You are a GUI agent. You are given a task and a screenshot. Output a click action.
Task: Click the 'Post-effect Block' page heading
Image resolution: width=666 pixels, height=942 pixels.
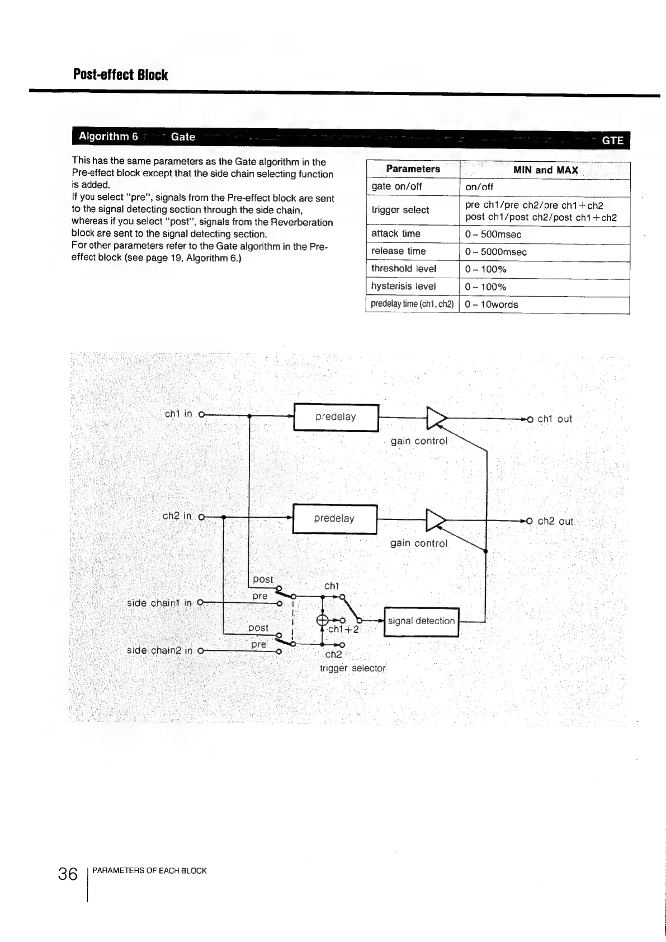click(120, 75)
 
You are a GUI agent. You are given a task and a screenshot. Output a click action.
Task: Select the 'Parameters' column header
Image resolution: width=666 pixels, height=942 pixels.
click(413, 169)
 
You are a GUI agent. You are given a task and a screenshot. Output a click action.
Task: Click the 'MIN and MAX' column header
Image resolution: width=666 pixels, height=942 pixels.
click(545, 170)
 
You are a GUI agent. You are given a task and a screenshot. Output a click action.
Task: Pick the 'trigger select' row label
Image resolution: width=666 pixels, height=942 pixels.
click(400, 210)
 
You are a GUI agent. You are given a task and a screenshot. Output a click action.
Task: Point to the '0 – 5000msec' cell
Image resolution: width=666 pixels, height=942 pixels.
click(496, 252)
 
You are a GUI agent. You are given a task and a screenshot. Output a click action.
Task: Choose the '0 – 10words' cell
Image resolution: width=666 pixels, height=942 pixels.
click(492, 304)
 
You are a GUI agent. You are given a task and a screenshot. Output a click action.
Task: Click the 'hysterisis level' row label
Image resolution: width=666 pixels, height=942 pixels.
click(404, 287)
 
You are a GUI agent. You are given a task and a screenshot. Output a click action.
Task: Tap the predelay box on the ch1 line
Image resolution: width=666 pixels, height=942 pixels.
click(336, 417)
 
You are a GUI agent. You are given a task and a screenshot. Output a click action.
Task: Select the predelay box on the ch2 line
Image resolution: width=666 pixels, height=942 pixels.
click(335, 519)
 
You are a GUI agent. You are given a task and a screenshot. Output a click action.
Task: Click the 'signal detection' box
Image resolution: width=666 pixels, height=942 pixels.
click(421, 621)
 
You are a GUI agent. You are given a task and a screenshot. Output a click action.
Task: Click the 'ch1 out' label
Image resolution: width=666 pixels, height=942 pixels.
click(555, 419)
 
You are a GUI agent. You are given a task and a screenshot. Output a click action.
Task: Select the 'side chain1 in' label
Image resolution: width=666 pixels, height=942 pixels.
click(159, 603)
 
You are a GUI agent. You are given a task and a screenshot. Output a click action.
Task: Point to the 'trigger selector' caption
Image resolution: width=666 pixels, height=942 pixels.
click(353, 668)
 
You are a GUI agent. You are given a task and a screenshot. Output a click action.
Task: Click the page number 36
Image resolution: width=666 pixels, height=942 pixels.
click(68, 874)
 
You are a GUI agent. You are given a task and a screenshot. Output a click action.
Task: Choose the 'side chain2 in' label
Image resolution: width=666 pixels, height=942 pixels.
click(160, 651)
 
